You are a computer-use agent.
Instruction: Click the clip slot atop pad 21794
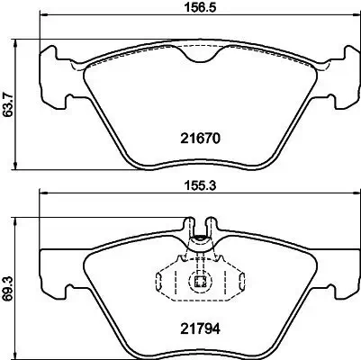198,225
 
